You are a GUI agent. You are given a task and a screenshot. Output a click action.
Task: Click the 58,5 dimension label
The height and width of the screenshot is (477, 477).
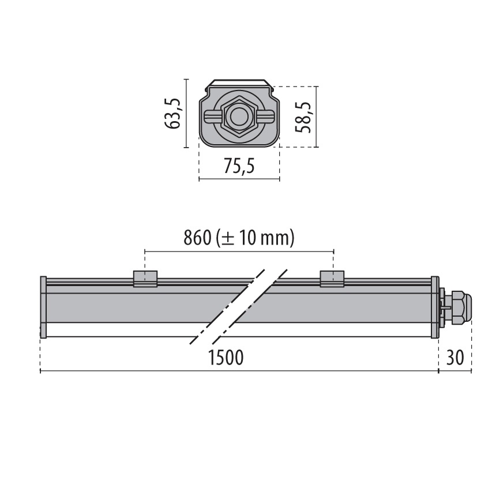pyautogui.click(x=303, y=117)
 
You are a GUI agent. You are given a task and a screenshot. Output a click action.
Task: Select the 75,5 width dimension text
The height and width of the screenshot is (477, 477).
pyautogui.click(x=239, y=167)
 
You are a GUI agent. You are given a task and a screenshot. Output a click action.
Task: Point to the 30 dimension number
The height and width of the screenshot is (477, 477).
pyautogui.click(x=455, y=358)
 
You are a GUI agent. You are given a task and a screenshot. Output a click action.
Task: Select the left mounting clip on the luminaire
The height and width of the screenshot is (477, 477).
pyautogui.click(x=145, y=278)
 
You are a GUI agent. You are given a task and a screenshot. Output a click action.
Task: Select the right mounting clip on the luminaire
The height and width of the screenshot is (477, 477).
pyautogui.click(x=332, y=278)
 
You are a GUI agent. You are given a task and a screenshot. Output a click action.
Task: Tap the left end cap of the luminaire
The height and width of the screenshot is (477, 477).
pyautogui.click(x=43, y=307)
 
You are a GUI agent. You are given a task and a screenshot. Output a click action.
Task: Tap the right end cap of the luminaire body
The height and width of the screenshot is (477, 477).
pyautogui.click(x=434, y=307)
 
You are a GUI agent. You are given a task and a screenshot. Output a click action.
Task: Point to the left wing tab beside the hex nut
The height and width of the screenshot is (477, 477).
pyautogui.click(x=212, y=117)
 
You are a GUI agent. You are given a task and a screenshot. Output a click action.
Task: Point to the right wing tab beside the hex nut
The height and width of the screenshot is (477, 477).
pyautogui.click(x=265, y=117)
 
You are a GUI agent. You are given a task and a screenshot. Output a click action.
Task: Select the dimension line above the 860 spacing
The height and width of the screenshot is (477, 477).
pyautogui.click(x=239, y=251)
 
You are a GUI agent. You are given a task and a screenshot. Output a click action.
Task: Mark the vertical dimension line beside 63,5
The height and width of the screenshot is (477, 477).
pyautogui.click(x=186, y=113)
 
